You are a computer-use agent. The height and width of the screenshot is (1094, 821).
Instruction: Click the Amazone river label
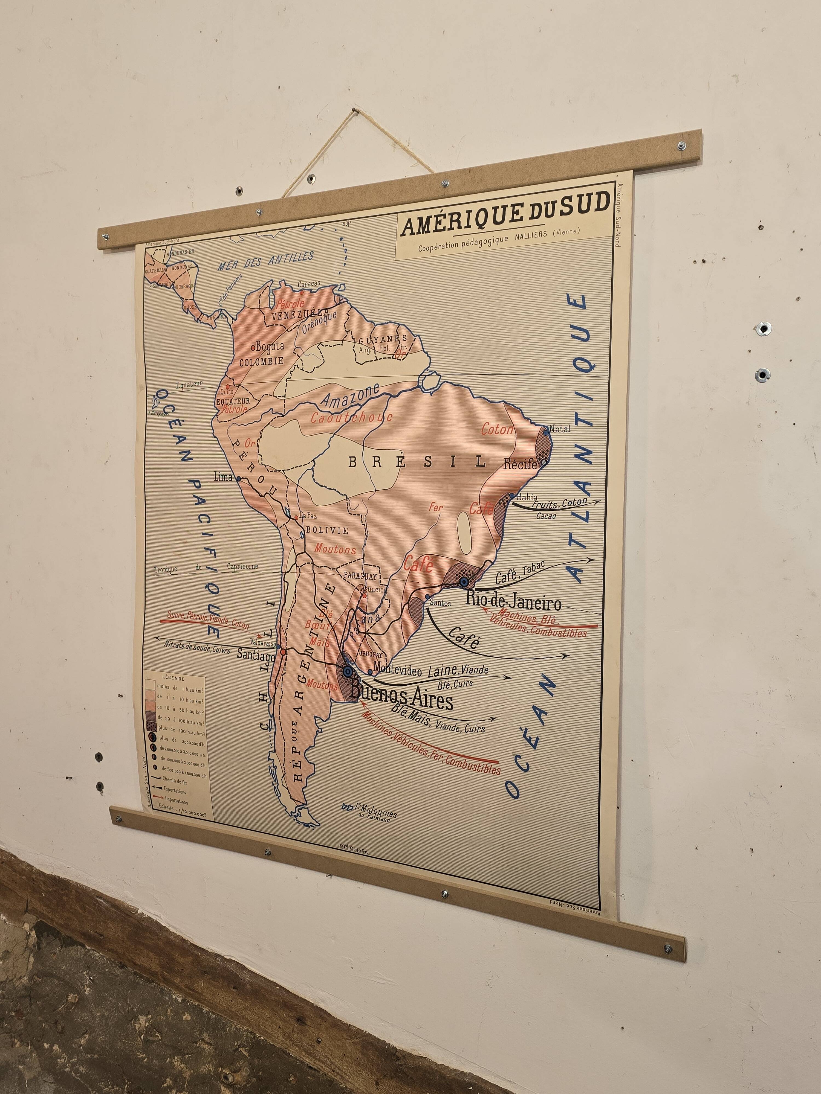350,396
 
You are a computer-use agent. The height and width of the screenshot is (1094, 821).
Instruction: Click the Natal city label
560,428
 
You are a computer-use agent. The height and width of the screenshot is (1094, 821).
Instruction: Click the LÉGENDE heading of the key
173,679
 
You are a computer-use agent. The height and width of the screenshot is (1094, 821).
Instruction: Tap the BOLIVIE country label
326,530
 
